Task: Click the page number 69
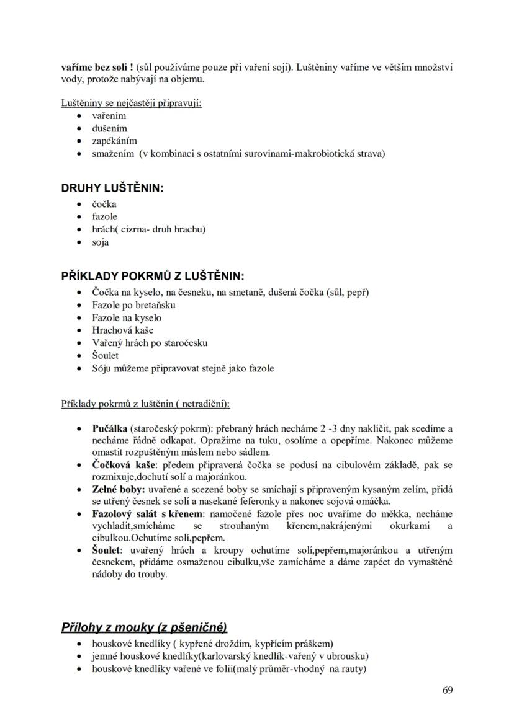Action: [447, 691]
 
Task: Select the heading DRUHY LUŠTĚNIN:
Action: [112, 188]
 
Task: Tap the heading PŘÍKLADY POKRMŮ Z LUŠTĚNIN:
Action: [152, 276]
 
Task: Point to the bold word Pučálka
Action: [109, 428]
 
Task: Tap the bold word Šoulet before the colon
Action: [106, 550]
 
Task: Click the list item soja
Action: [101, 242]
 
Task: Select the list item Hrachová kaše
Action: [122, 330]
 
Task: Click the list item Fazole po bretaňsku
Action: [133, 305]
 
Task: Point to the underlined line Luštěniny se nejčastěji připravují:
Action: [131, 103]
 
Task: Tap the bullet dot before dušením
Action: [78, 129]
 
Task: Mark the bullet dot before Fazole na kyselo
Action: [78, 318]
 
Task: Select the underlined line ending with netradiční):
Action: [145, 404]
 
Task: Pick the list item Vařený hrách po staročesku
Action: [150, 343]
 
